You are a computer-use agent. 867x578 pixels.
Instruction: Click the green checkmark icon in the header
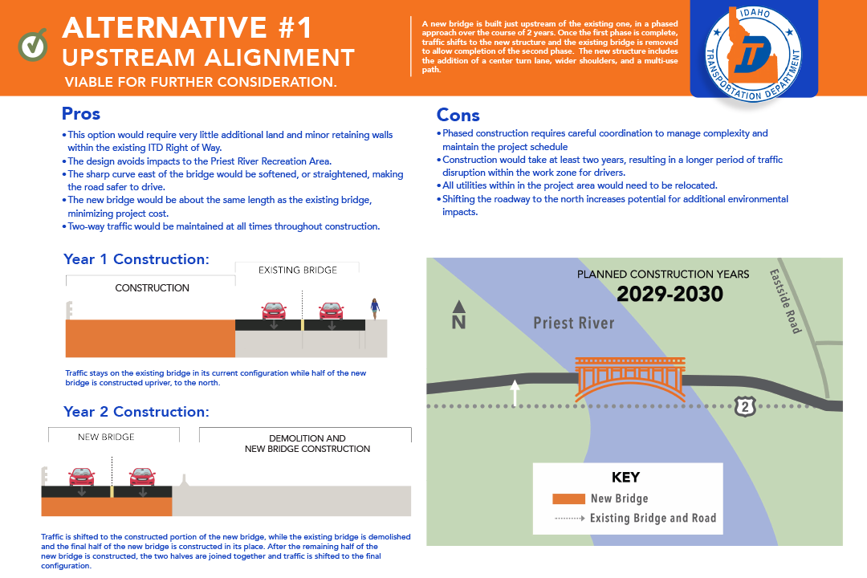coord(33,45)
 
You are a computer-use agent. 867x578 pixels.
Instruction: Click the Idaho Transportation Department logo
coord(754,51)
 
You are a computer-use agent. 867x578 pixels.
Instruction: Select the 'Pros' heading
coord(81,114)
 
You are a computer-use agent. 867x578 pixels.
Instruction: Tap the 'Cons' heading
coord(458,116)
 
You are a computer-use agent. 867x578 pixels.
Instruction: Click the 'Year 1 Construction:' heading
coord(136,259)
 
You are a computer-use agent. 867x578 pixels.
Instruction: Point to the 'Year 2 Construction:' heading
coord(136,412)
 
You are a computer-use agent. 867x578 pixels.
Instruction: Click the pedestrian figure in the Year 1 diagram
coord(374,309)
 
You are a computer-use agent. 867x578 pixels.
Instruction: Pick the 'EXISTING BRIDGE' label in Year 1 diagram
coord(297,270)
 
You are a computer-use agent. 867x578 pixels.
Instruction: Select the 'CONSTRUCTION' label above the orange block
coord(153,287)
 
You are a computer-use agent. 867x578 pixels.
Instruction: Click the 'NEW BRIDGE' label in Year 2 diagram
coord(106,438)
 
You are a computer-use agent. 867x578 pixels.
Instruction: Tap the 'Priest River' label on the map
coord(574,323)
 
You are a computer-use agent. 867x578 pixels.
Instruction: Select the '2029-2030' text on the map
coord(670,295)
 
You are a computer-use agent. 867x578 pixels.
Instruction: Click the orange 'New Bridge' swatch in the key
coord(568,499)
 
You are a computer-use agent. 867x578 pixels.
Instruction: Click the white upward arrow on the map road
coord(515,393)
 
